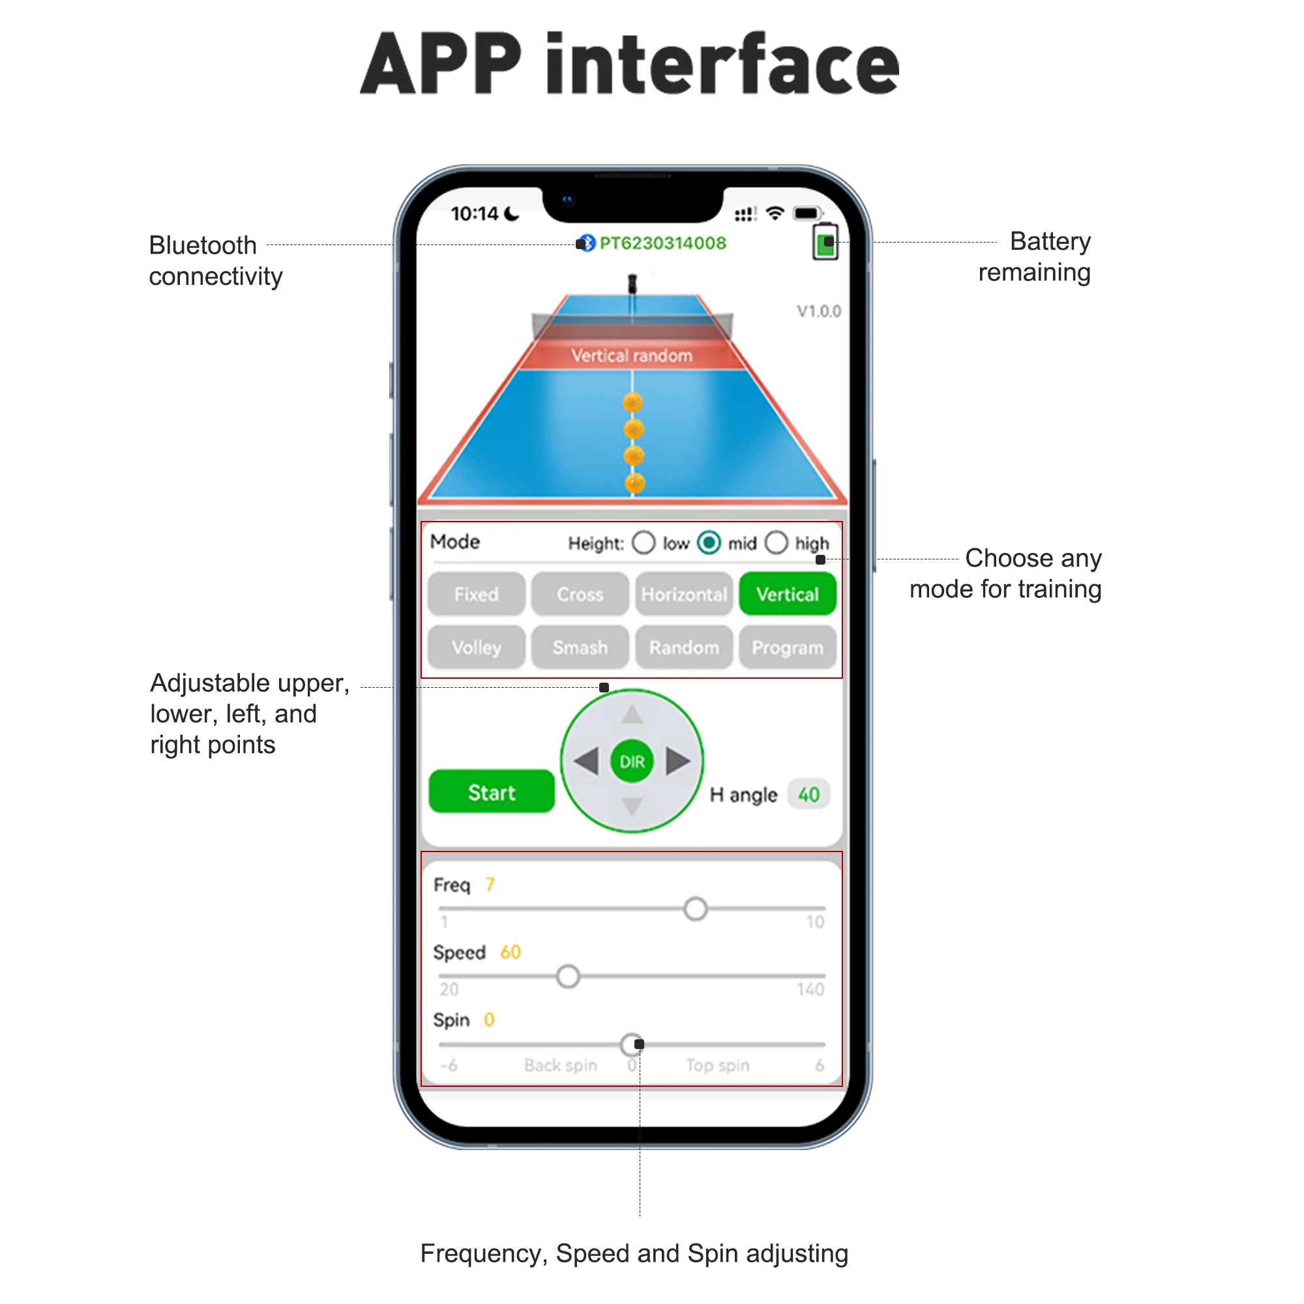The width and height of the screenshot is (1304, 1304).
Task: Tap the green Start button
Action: pyautogui.click(x=492, y=792)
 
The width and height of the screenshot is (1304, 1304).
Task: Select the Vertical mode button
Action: pyautogui.click(x=787, y=594)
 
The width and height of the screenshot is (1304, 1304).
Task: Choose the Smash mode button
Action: pyautogui.click(x=580, y=647)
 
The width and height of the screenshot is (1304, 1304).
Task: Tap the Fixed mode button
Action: pyautogui.click(x=477, y=594)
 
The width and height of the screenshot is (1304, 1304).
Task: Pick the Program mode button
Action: pyautogui.click(x=787, y=647)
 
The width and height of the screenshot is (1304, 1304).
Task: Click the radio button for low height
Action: pyautogui.click(x=644, y=542)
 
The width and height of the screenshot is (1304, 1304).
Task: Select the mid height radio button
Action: pyautogui.click(x=709, y=542)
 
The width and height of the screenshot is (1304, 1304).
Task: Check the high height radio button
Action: pyautogui.click(x=776, y=542)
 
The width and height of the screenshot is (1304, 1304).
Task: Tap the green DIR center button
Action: pyautogui.click(x=632, y=762)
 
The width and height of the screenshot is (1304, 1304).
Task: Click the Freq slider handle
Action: pyautogui.click(x=695, y=908)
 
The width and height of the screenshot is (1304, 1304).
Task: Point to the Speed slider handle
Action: pyautogui.click(x=568, y=976)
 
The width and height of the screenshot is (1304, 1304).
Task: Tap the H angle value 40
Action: pyautogui.click(x=808, y=794)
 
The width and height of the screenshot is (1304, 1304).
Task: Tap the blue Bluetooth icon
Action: pyautogui.click(x=588, y=243)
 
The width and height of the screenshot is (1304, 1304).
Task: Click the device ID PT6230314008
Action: pyautogui.click(x=663, y=243)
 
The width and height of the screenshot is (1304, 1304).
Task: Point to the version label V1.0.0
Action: pyautogui.click(x=819, y=311)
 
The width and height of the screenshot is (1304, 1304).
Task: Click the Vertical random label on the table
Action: pyautogui.click(x=632, y=356)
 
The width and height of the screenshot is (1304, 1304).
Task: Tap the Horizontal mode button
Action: pyautogui.click(x=684, y=594)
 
